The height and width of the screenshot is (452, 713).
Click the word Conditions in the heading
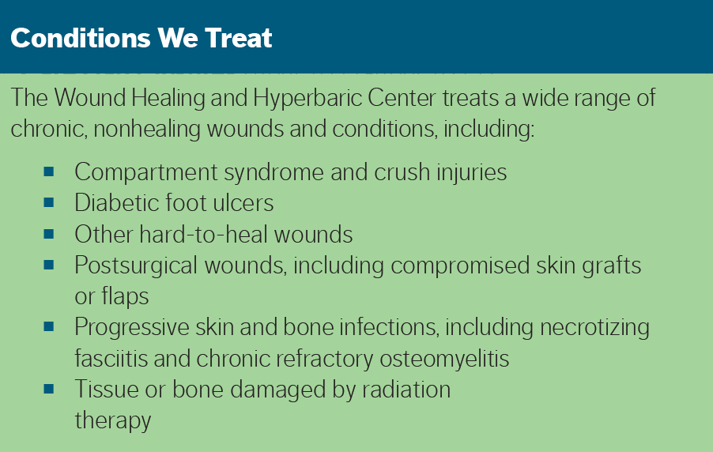tap(80, 38)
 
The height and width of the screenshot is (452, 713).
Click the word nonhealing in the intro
tap(146, 129)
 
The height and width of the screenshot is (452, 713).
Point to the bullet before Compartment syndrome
tap(49, 172)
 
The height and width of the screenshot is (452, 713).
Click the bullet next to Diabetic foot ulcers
tap(49, 202)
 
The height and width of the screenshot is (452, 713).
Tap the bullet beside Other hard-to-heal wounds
tap(49, 234)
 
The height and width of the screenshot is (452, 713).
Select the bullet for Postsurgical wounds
tap(49, 265)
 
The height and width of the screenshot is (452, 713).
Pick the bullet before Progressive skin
tap(49, 326)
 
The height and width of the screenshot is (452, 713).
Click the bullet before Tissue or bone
tap(49, 389)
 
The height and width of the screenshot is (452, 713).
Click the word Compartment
tap(146, 173)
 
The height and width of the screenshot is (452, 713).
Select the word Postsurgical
tap(136, 266)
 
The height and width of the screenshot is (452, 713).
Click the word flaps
tap(125, 297)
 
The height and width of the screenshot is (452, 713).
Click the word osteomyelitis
tap(444, 360)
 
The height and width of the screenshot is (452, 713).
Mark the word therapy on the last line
tap(113, 420)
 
